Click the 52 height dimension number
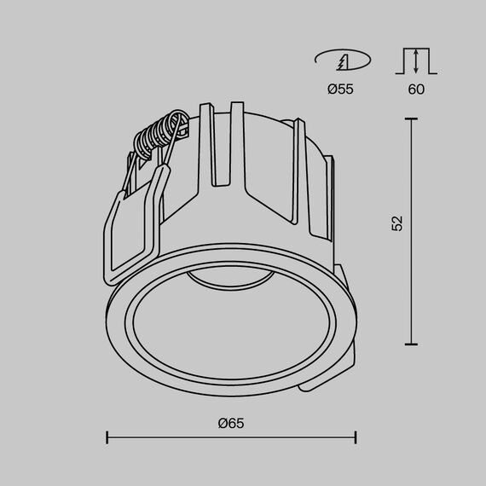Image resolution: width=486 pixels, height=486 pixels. click(396, 223)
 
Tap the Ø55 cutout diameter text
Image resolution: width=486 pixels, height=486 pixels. click(340, 89)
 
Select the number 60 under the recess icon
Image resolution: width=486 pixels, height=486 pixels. click(416, 89)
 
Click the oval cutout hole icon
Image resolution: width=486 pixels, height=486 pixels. click(342, 61)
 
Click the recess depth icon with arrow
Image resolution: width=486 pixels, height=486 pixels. click(416, 61)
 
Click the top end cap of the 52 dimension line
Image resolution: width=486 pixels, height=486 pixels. click(411, 120)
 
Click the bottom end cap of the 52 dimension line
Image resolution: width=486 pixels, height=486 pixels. click(411, 344)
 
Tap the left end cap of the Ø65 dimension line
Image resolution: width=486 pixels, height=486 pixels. click(107, 438)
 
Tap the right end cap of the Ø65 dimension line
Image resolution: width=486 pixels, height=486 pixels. click(356, 438)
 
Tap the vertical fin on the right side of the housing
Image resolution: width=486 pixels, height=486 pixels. click(298, 179)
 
